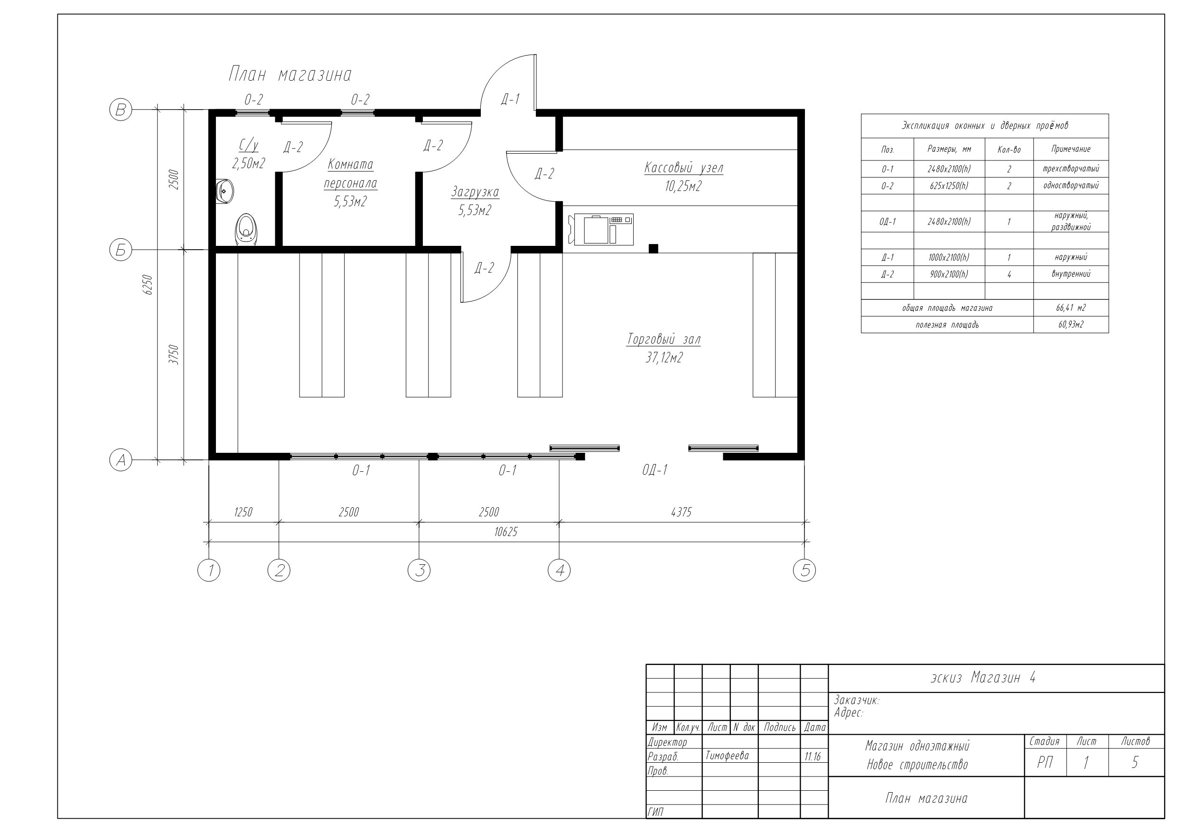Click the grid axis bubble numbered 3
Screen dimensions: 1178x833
419,570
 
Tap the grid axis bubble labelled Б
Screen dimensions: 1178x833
121,250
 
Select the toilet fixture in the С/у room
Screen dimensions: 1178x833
246,230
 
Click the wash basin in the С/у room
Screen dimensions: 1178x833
224,191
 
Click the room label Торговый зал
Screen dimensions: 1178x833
664,339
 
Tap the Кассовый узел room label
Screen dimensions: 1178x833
684,168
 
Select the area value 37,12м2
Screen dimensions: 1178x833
664,358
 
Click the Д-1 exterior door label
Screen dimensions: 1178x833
511,99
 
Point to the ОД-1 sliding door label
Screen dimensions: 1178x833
654,470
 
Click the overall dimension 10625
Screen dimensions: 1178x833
506,532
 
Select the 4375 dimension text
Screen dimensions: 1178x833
682,512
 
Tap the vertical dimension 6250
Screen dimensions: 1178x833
148,284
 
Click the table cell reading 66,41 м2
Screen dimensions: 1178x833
1071,308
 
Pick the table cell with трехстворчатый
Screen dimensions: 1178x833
1071,169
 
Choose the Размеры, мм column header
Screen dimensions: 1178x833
949,150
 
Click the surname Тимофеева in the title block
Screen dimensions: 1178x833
727,756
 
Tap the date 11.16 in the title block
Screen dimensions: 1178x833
813,757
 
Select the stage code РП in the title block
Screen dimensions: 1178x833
1045,763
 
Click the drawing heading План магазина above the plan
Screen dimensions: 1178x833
290,75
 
